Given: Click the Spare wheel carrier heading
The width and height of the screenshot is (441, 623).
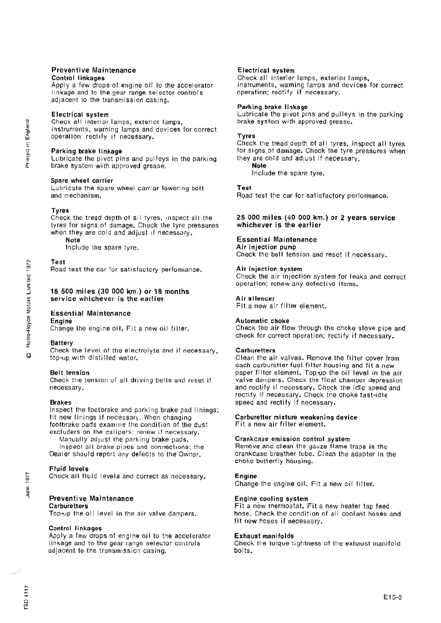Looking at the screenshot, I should point(82,181).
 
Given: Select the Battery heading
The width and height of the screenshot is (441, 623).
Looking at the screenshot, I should point(62,343).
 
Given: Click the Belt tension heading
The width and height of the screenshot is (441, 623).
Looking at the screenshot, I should point(70,373).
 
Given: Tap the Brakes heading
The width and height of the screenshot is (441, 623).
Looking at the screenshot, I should point(61,402).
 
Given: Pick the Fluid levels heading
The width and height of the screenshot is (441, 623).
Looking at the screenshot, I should point(69,469).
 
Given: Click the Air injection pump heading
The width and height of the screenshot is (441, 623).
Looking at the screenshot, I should point(266,247).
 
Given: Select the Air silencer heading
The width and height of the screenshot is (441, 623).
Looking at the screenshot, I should point(255,298).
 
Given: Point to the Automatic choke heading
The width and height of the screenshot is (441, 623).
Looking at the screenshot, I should point(262,321).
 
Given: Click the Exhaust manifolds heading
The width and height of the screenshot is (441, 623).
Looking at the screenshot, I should point(264,536).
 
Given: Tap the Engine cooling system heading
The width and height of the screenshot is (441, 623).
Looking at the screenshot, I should point(271,499).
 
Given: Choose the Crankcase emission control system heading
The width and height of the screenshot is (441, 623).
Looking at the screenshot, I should point(292,439).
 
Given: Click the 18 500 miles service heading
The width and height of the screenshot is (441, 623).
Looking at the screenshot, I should point(120,295).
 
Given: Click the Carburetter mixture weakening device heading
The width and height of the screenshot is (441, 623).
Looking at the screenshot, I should point(296,417).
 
